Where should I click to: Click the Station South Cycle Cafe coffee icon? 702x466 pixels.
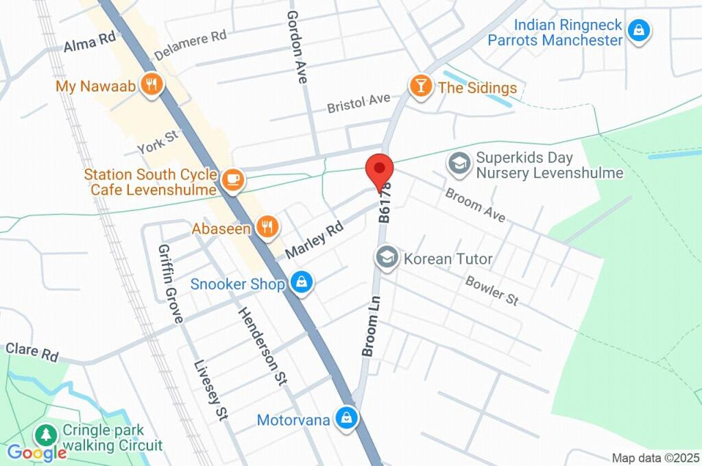point(232,180)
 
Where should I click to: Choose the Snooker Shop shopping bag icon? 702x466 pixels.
point(300,282)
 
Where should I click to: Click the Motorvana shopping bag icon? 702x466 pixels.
point(347,418)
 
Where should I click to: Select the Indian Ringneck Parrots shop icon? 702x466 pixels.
point(639,31)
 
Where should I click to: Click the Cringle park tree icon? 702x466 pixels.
point(46,435)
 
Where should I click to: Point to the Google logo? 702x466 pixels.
point(36,452)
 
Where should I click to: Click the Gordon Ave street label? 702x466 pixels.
point(297,47)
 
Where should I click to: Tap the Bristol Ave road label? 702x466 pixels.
point(358,103)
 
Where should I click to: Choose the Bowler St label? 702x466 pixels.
point(492,291)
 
